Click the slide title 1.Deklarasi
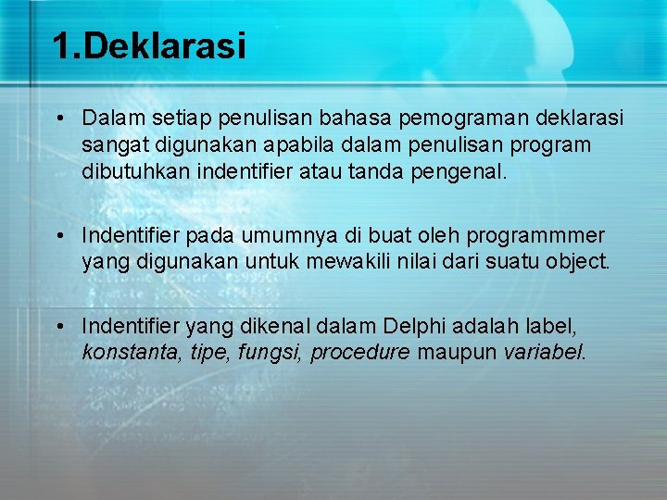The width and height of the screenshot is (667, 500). [149, 46]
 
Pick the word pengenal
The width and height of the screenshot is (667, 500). [465, 172]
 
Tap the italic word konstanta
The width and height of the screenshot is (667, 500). [123, 353]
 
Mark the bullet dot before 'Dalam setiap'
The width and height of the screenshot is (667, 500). [58, 119]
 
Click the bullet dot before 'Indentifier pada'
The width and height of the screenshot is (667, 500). [58, 235]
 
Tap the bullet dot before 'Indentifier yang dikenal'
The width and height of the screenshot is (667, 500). [58, 326]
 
